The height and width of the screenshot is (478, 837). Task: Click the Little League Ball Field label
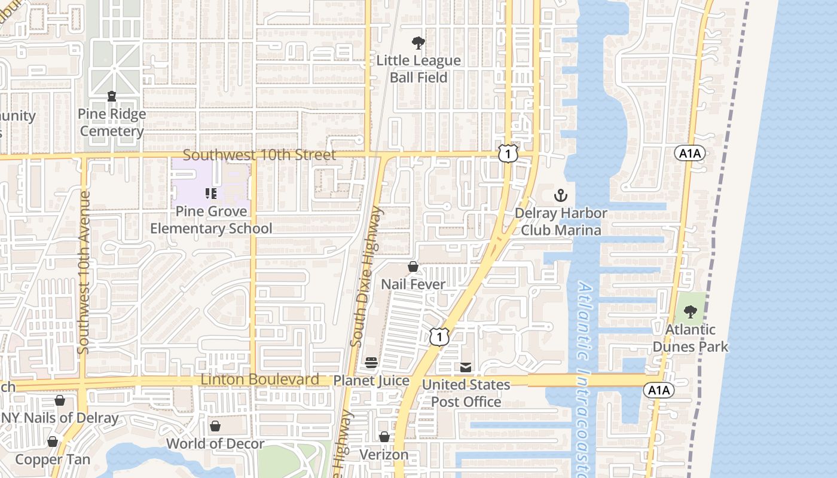point(418,69)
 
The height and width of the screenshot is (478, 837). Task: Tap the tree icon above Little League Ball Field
point(418,42)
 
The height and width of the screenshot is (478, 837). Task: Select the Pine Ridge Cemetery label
point(112,122)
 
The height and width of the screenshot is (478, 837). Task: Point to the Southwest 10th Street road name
point(259,155)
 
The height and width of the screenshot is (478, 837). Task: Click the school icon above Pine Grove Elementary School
point(210,193)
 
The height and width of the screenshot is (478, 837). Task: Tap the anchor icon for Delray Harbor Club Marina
point(561,195)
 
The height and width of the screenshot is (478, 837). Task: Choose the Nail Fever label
point(413,284)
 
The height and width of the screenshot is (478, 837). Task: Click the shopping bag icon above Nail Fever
point(413,266)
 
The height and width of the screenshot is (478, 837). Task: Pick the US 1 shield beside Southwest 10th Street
point(508,154)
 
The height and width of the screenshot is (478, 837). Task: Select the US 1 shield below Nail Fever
point(439,337)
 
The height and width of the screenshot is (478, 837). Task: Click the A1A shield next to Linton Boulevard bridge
point(659,390)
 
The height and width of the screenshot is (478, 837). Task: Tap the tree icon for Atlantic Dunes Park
point(691,311)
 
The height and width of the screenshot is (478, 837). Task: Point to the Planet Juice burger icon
point(371,363)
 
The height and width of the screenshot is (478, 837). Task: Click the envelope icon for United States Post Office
point(466,367)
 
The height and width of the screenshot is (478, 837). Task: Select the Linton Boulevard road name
point(259,379)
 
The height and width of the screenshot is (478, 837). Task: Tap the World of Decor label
point(215,443)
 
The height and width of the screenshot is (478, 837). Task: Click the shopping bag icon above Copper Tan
point(53,442)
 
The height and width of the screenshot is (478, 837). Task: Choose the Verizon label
point(384,455)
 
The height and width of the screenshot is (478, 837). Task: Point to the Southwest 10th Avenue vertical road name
point(83,271)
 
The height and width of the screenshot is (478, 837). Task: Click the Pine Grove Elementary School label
point(211,220)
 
